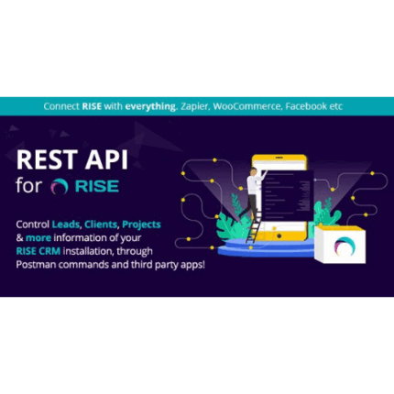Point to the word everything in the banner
(x=152, y=106)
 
